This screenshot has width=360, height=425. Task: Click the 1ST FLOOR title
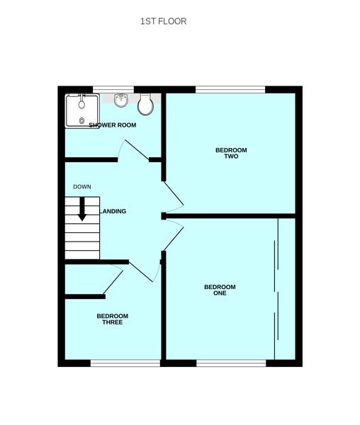pos(163,21)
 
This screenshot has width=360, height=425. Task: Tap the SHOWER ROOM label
pos(112,125)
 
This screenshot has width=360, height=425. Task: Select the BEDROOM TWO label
pos(231,153)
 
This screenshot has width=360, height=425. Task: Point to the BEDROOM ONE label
pos(220,290)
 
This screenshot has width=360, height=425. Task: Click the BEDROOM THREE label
pos(112,319)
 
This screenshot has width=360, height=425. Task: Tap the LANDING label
pos(113,211)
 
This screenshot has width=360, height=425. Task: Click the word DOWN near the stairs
pos(81,187)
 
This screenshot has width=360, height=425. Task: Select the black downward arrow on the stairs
pos(82,208)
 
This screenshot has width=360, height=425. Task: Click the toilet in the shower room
pos(146,105)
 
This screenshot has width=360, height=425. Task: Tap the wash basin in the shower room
pos(121,100)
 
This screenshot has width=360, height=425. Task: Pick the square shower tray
pos(82,111)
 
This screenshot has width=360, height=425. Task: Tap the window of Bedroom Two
pos(230,90)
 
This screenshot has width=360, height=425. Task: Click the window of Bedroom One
pos(231,363)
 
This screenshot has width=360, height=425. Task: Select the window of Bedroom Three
pos(125,363)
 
